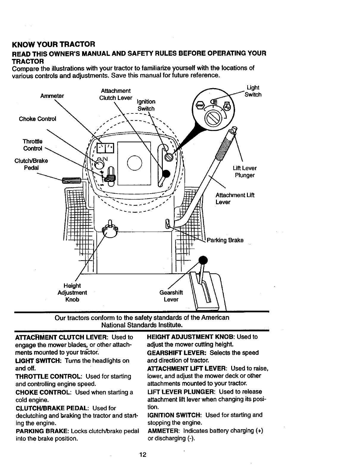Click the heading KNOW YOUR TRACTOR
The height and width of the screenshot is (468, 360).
click(53, 45)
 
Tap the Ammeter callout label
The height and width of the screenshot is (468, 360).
click(52, 96)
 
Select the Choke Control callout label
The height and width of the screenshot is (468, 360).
click(37, 119)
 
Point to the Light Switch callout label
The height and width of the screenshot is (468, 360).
click(253, 91)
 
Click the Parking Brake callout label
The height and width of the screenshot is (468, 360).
click(225, 240)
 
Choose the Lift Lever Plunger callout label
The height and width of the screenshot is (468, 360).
click(245, 172)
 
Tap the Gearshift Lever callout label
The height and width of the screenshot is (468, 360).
click(171, 296)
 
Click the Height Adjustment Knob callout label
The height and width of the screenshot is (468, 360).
click(72, 293)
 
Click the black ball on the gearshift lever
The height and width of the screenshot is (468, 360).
click(203, 260)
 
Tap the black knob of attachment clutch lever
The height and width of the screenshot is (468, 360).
click(166, 174)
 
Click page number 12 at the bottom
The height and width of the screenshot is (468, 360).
click(143, 455)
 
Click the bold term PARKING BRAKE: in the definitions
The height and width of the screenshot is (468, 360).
click(42, 431)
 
